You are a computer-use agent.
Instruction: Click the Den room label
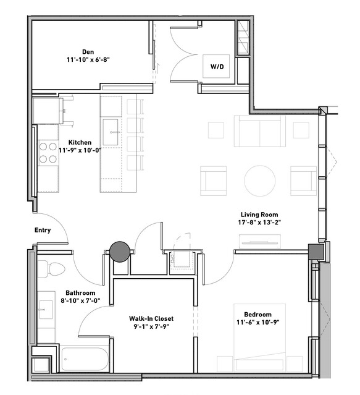88,52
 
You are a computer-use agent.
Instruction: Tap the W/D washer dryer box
216,66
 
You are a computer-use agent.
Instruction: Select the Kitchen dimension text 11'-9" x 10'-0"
80,150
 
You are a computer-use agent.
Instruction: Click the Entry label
43,230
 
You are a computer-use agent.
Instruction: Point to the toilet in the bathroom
52,268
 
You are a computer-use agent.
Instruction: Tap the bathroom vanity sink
45,310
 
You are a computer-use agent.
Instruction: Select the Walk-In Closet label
151,318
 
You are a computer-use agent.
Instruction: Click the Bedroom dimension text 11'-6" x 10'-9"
258,322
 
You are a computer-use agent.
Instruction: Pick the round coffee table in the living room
259,181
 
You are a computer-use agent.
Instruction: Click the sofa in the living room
259,131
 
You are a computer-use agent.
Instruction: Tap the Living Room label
259,214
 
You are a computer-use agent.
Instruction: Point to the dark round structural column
120,252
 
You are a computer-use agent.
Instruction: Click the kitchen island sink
111,132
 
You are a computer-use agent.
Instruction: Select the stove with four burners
48,153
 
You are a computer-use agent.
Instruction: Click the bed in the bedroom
259,338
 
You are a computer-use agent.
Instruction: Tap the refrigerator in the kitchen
48,111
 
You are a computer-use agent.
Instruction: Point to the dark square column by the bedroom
316,252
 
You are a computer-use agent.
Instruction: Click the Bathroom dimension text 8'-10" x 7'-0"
80,300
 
